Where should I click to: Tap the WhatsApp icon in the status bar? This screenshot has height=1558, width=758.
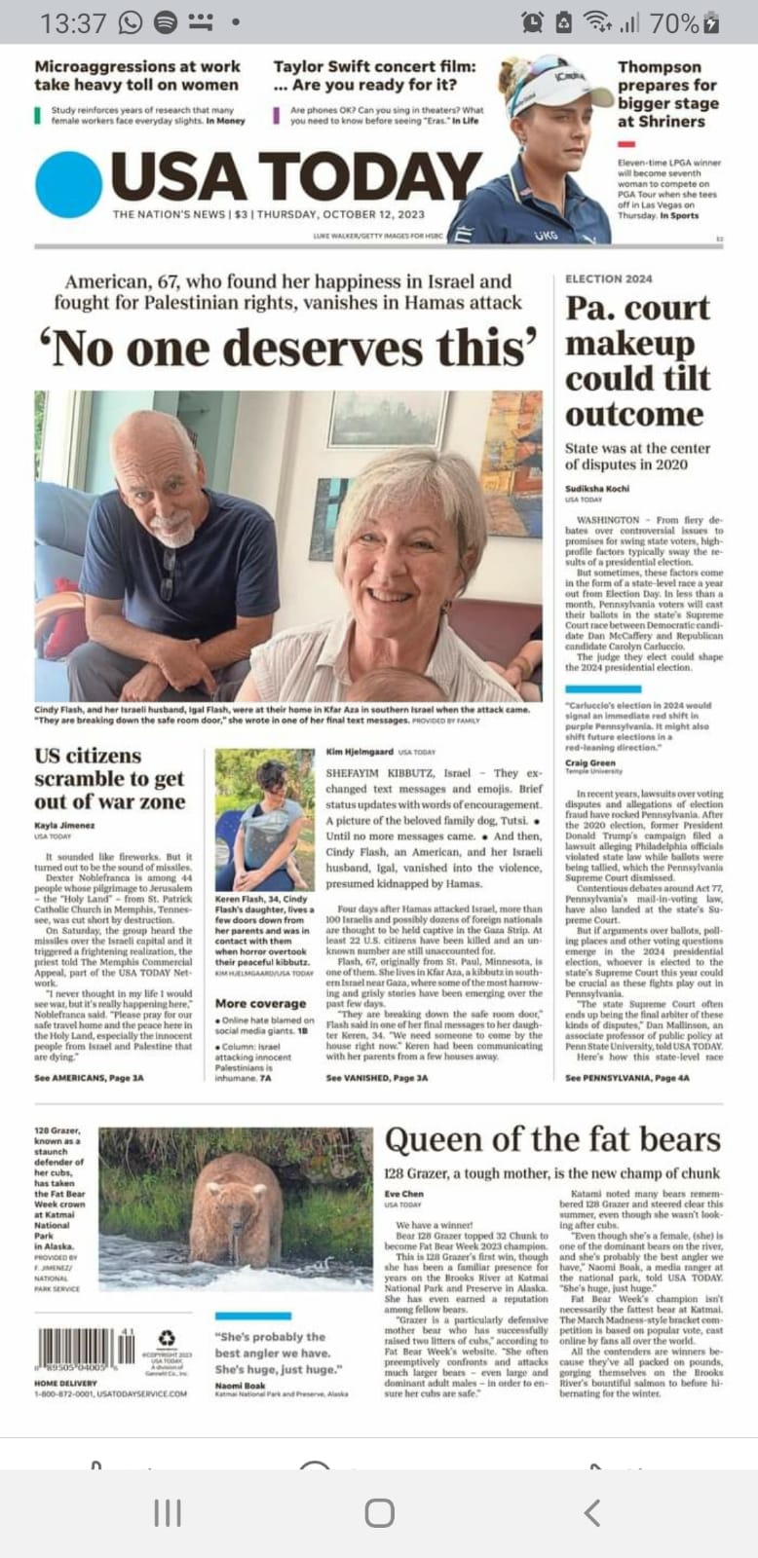130,21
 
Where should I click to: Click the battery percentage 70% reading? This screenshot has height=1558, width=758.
673,22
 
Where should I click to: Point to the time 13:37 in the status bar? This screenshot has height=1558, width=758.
73,22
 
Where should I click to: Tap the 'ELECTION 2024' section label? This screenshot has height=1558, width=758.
609,278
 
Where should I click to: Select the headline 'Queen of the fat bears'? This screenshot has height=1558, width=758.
552,1139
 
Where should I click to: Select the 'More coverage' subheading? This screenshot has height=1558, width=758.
260,1003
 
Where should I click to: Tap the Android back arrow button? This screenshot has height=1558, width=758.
590,1512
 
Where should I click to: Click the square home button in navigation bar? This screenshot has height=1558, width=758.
379,1512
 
